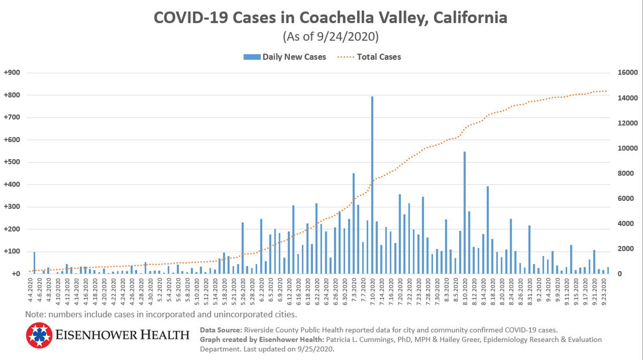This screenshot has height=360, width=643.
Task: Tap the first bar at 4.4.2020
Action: pos(34,263)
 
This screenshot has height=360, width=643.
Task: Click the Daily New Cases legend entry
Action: pos(285,57)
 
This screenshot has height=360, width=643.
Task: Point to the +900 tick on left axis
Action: pos(12,73)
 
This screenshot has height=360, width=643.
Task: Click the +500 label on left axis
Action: pos(12,162)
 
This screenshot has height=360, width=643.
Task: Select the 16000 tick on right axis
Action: pos(626,73)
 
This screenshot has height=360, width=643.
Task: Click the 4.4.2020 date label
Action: pos(30,292)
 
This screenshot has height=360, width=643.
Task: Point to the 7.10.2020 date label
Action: pos(372,292)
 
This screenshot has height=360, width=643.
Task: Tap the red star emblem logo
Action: pos(39,335)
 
